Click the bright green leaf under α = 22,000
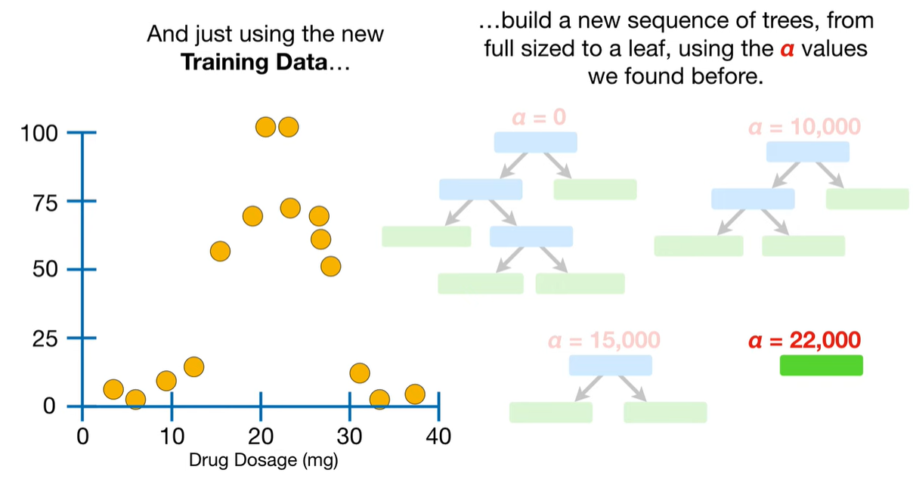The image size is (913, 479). [x=821, y=366]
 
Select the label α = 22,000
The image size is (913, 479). [x=804, y=341]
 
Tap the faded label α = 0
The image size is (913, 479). [x=538, y=117]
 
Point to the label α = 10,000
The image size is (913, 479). [x=804, y=126]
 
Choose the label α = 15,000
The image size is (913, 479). [x=605, y=340]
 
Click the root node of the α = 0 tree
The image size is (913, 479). [x=535, y=142]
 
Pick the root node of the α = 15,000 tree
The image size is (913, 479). [x=610, y=366]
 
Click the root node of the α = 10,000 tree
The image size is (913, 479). [x=807, y=152]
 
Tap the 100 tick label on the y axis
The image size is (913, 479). [x=38, y=133]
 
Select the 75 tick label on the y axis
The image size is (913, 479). [x=43, y=201]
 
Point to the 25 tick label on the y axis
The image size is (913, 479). [x=43, y=338]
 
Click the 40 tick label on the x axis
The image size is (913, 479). [x=438, y=436]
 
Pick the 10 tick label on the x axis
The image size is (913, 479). [x=172, y=436]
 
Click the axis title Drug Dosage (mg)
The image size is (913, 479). [x=263, y=459]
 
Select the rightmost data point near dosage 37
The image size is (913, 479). [x=414, y=394]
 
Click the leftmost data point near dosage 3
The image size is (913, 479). [x=113, y=389]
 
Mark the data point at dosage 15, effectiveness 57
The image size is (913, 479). [x=220, y=252]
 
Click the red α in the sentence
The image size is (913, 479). [x=787, y=50]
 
